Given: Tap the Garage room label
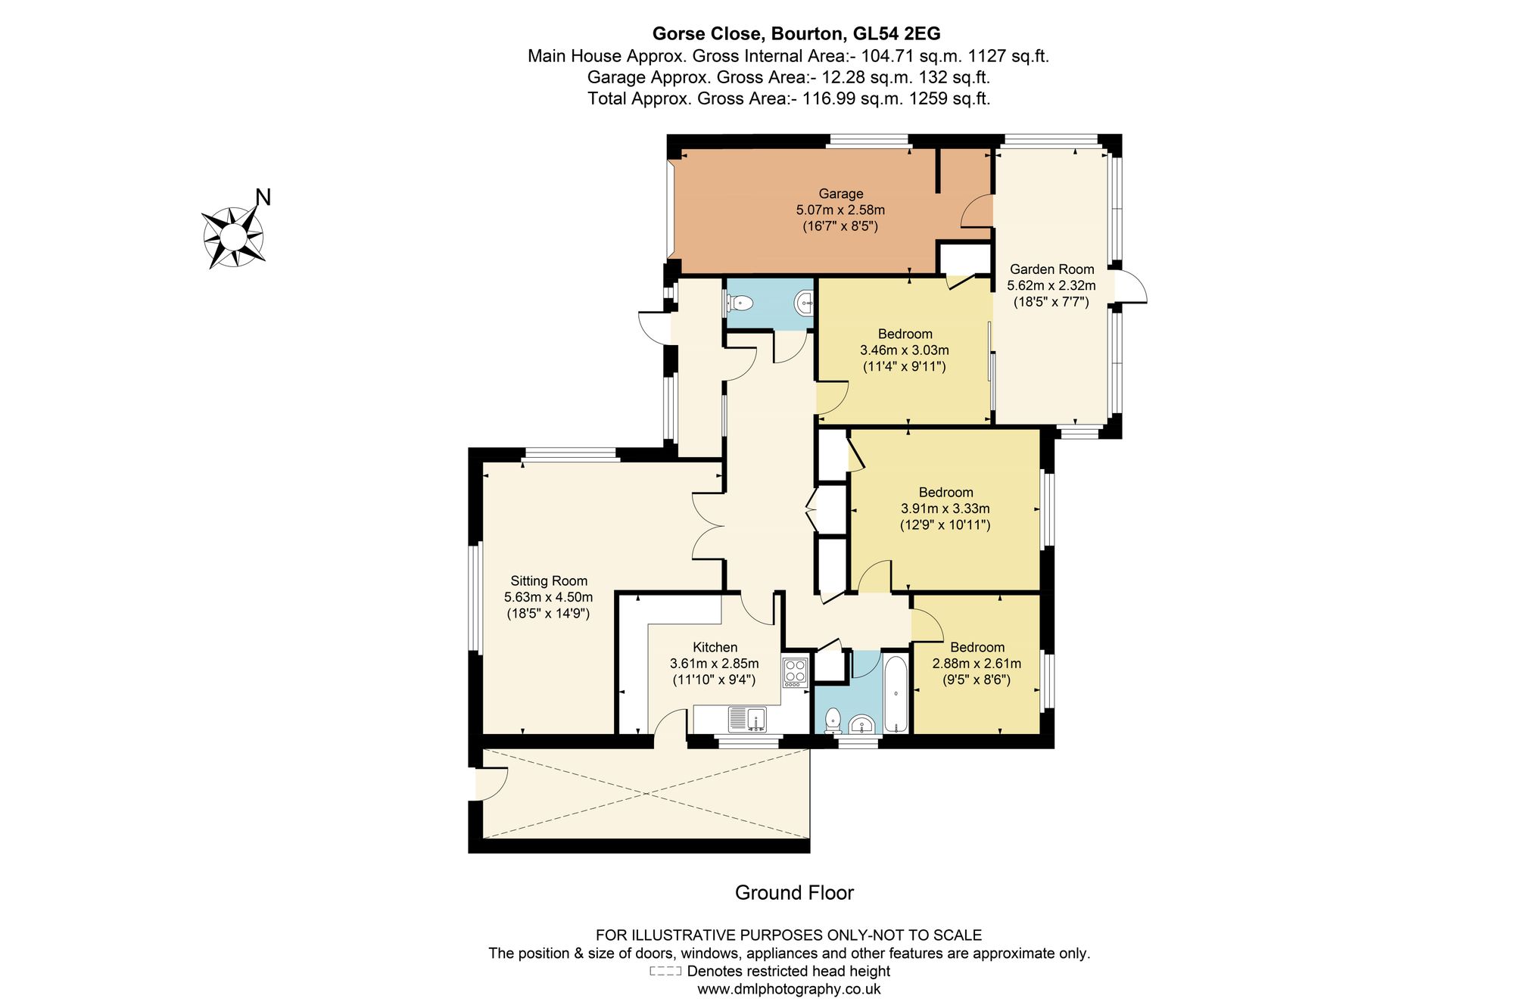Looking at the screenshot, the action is (840, 194).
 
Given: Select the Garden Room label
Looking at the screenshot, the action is (1051, 269).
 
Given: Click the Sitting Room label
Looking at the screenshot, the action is (549, 580).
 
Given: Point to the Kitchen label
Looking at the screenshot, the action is (715, 647).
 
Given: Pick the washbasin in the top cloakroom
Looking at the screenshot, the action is (804, 304).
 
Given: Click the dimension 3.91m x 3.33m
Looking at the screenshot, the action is (945, 509).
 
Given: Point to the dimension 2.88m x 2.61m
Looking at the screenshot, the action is (977, 664).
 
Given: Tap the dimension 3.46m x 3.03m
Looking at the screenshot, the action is (905, 350).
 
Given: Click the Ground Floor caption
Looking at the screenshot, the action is (794, 893).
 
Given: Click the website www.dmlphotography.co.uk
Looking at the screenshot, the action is (789, 988).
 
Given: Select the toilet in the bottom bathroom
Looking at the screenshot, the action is (833, 721).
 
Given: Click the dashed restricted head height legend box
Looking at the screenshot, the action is (665, 971).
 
